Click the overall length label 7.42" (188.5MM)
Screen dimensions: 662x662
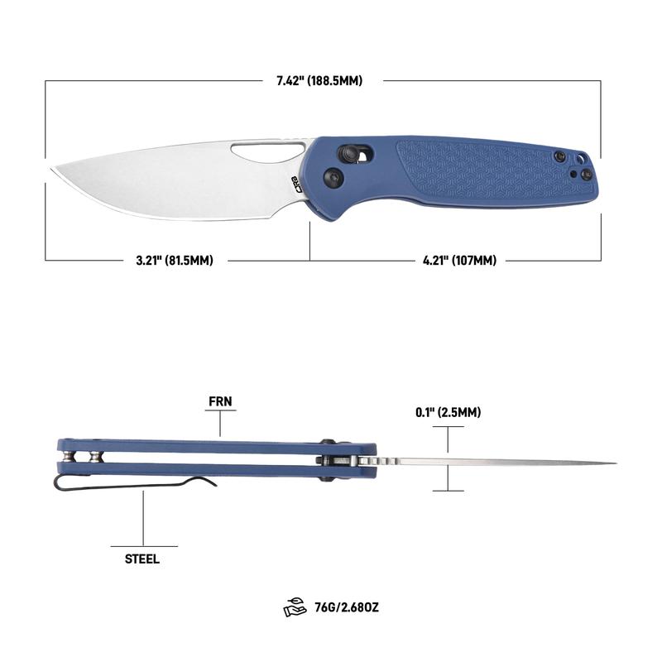click(319, 80)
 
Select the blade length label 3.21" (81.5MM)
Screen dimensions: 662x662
click(175, 260)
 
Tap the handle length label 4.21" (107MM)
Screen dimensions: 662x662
click(460, 260)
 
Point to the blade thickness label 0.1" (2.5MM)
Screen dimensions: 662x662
click(448, 412)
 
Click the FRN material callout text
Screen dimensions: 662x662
click(220, 401)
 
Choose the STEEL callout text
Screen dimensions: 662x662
click(142, 559)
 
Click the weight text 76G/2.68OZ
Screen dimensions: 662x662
click(347, 607)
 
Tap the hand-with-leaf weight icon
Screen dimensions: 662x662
click(295, 607)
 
